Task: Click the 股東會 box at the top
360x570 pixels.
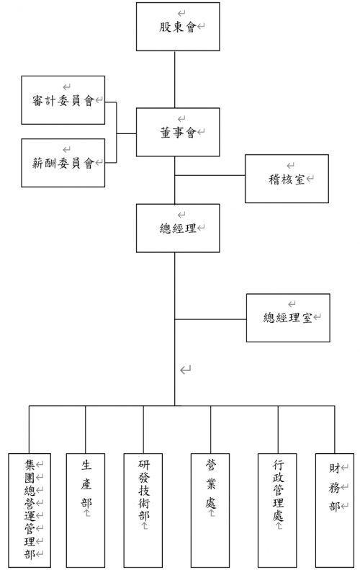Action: click(x=178, y=27)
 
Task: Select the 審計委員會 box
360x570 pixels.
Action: click(x=63, y=100)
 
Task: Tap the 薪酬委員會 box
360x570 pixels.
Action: click(x=63, y=162)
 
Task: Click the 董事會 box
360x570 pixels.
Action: click(x=178, y=132)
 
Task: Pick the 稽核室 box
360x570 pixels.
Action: click(x=287, y=179)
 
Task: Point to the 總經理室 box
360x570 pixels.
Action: click(x=288, y=318)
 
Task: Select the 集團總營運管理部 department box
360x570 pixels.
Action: click(x=30, y=510)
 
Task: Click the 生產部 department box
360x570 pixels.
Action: click(x=86, y=510)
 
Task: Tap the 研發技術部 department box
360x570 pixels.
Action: click(x=143, y=510)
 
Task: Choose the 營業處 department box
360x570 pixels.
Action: click(x=210, y=510)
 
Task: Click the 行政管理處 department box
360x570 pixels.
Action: click(x=277, y=510)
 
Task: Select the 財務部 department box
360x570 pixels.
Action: click(x=335, y=510)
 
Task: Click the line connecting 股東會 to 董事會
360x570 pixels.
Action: click(x=175, y=79)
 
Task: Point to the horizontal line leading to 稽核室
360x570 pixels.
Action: click(x=210, y=175)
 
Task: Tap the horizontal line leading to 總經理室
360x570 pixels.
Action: click(x=211, y=319)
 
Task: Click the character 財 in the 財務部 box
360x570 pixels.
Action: click(x=334, y=468)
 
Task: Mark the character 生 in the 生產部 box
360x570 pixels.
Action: click(x=86, y=465)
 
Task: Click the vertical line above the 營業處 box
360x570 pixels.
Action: click(x=211, y=429)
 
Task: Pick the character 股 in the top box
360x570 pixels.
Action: click(x=165, y=27)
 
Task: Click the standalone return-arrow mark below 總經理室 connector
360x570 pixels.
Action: click(x=185, y=370)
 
